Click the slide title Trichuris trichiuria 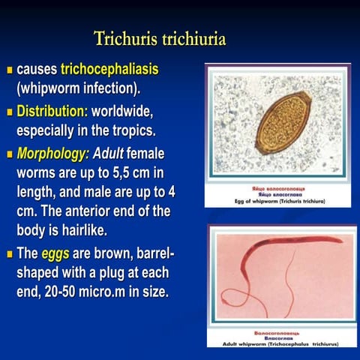160,37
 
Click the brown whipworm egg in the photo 283,122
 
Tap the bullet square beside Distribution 10,113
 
